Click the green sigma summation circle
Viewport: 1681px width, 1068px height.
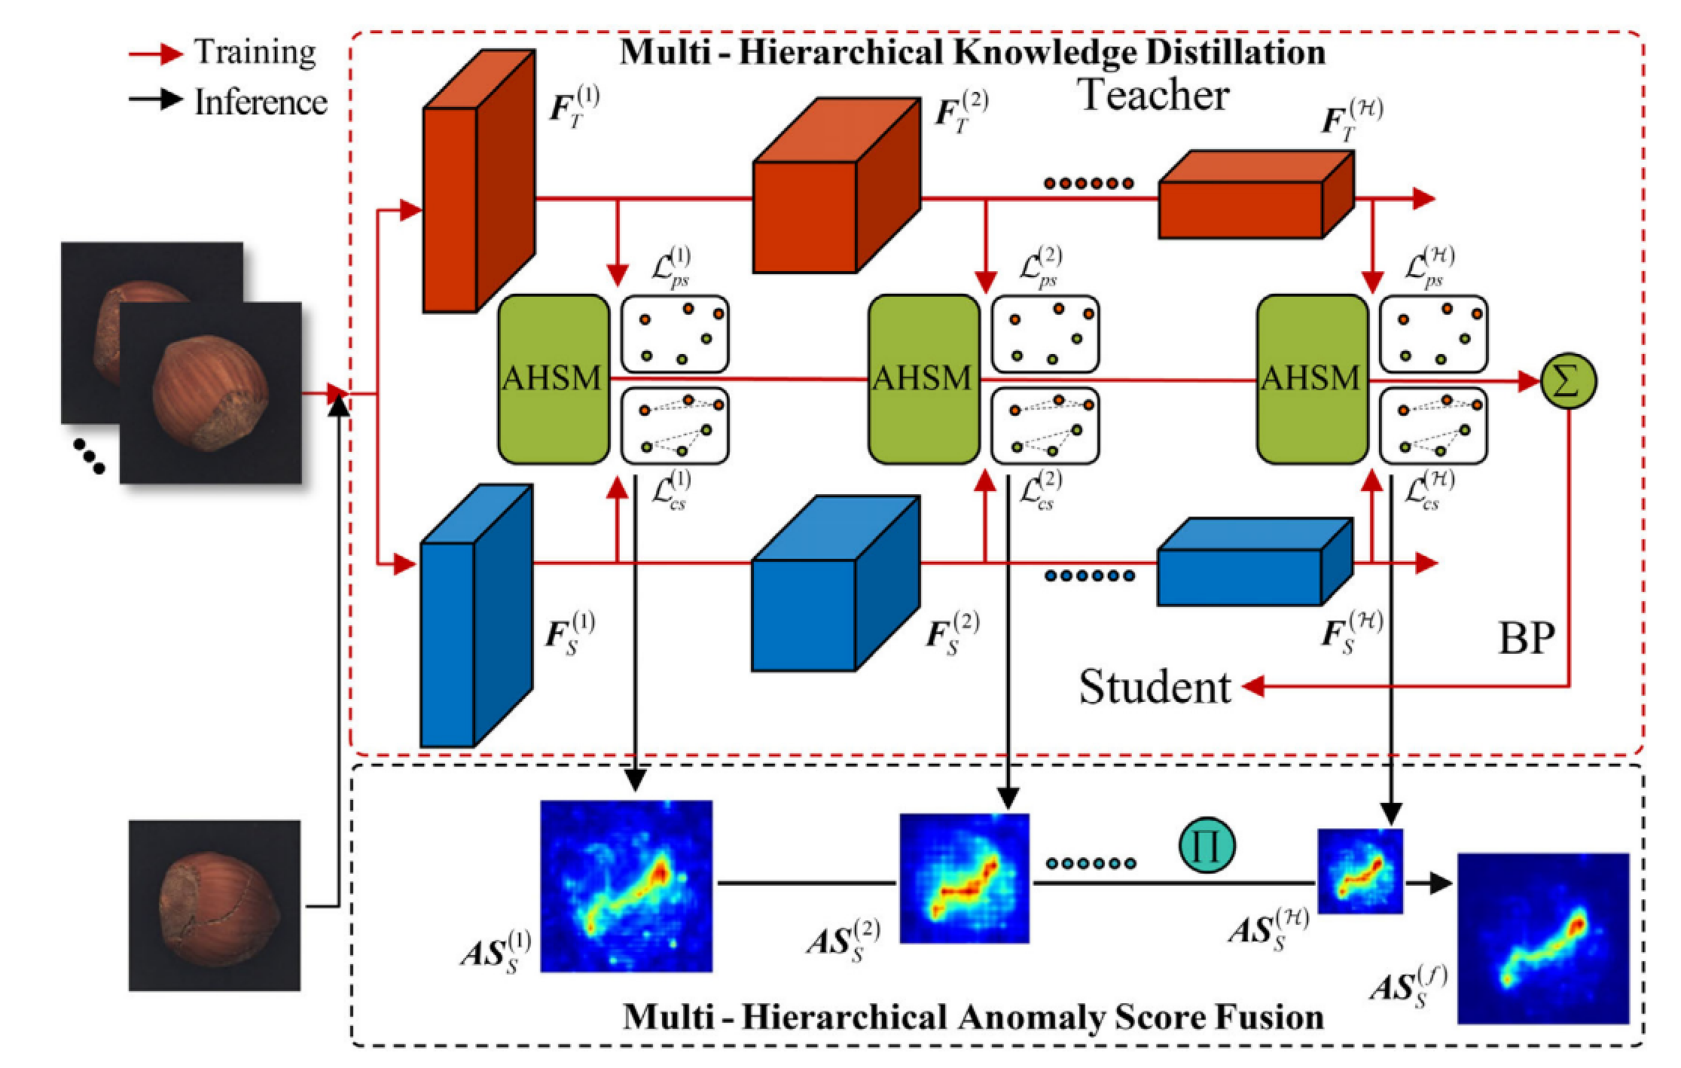point(1568,381)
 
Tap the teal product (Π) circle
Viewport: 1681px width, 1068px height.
point(1207,845)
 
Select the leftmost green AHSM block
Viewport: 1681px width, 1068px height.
point(554,379)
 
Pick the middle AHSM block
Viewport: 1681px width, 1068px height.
point(923,379)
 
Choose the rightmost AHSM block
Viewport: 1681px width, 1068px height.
point(1312,379)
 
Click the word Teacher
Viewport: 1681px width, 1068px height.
point(1155,96)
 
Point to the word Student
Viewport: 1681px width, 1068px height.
point(1155,688)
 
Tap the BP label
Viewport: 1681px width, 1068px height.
point(1527,639)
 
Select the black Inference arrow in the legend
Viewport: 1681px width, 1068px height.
point(156,99)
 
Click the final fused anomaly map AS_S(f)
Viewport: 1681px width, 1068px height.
point(1543,938)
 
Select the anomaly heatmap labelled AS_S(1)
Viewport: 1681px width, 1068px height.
point(627,886)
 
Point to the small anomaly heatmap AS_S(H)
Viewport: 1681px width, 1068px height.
point(1360,871)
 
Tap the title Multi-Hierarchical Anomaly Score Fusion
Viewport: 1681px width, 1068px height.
point(973,1018)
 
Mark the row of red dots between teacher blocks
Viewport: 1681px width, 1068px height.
point(1089,183)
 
